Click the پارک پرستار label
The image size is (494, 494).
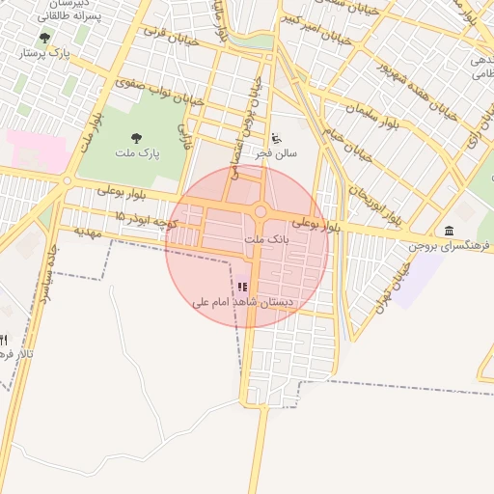[x=43, y=53]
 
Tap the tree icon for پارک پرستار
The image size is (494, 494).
[x=44, y=38]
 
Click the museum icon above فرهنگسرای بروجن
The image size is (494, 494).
[x=449, y=231]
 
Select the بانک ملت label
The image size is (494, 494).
[x=265, y=237]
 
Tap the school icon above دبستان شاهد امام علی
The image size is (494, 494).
[x=241, y=287]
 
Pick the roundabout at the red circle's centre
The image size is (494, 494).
[x=260, y=212]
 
